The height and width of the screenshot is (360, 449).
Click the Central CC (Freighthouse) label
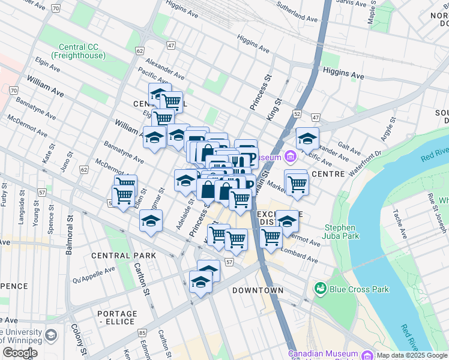coord(83,52)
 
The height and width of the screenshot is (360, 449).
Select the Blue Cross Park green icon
coord(320,289)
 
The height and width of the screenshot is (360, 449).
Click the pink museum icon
coord(291,157)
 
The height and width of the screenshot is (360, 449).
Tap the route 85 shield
coord(142,332)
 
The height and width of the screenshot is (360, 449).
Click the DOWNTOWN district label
coord(258,290)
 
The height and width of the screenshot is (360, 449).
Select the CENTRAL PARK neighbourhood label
coord(123,256)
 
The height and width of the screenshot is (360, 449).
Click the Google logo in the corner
coord(20,353)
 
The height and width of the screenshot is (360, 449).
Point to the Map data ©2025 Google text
coord(412,355)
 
